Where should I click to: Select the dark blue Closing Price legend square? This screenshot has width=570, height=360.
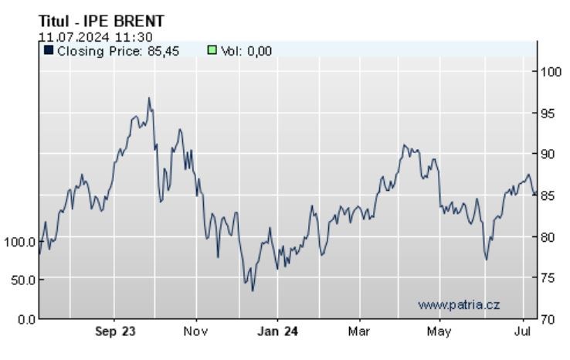click(48, 51)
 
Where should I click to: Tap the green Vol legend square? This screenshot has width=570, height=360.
click(212, 51)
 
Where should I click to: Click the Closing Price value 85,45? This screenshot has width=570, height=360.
click(163, 51)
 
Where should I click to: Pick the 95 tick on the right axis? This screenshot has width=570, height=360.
click(548, 113)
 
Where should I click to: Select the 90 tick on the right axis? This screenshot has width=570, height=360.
click(548, 154)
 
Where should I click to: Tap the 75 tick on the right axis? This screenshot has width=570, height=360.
click(548, 277)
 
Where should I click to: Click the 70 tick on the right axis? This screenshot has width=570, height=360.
click(548, 318)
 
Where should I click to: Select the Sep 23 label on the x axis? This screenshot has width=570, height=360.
click(116, 332)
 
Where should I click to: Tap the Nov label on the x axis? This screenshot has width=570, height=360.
click(196, 332)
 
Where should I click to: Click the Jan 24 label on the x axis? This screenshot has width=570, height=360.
click(277, 332)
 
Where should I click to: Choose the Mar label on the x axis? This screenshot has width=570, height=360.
click(358, 332)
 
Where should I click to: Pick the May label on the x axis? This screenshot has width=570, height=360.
click(439, 332)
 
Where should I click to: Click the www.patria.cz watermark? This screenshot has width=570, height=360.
click(459, 305)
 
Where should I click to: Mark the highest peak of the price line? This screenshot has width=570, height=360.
click(149, 99)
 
